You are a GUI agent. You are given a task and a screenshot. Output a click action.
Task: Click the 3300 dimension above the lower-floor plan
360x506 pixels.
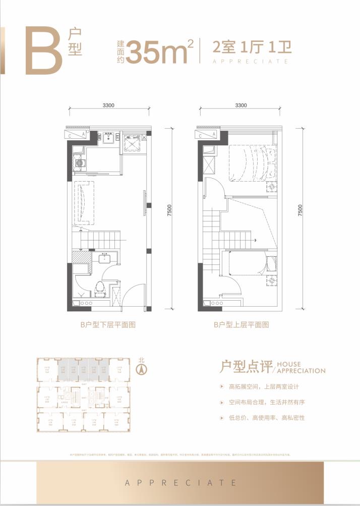click(x=109, y=105)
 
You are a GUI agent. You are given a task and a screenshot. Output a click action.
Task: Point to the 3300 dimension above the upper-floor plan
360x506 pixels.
click(x=241, y=105)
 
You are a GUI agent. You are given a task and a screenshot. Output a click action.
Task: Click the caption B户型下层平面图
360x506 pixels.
click(x=108, y=325)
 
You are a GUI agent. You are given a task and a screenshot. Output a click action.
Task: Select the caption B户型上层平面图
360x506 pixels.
click(x=241, y=325)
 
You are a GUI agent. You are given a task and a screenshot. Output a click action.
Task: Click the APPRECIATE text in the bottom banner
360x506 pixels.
click(x=180, y=482)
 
